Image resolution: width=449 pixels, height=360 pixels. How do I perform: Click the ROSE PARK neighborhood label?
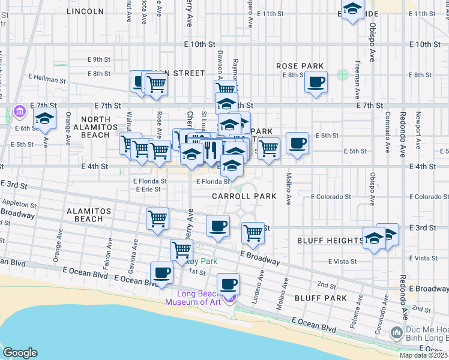300,66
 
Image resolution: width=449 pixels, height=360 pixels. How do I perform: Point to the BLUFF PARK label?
321,298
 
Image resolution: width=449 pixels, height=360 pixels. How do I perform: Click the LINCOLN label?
86,11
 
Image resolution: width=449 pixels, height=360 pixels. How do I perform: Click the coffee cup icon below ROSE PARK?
316,82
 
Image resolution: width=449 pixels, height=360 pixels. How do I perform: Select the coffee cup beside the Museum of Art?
228,283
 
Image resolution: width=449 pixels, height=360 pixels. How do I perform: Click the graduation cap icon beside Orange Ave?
44,119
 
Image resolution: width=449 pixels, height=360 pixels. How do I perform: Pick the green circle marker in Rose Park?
342,75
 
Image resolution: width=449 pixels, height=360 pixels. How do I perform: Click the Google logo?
20,353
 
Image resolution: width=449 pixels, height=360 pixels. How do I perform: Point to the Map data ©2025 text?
423,355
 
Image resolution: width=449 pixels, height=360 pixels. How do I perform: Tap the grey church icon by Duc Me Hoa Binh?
396,332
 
